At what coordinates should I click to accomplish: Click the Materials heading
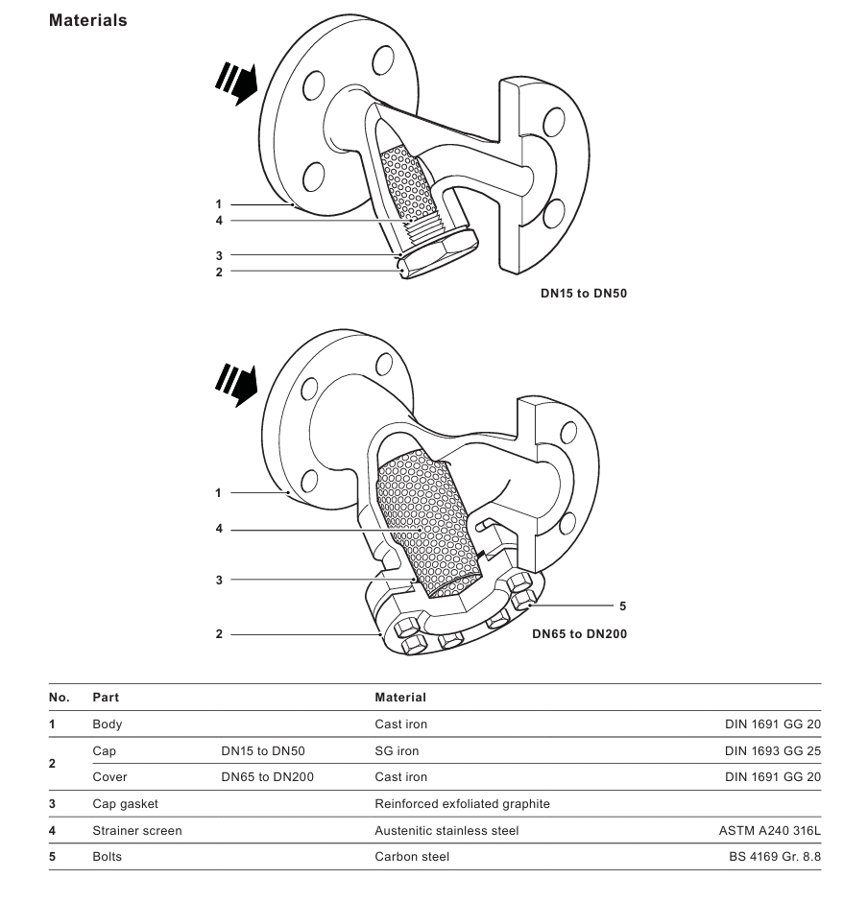point(87,20)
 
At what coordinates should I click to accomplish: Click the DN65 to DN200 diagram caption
point(580,633)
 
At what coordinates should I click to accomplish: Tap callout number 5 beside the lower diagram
point(622,605)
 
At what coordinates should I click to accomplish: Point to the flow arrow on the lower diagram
point(236,383)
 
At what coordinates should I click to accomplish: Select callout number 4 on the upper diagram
point(219,221)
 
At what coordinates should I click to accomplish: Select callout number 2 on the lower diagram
point(219,634)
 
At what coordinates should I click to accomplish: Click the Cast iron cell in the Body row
point(400,724)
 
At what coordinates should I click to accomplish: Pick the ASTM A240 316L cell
point(763,831)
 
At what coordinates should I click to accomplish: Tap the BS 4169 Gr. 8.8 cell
point(775,857)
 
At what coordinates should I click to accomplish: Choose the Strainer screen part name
point(136,831)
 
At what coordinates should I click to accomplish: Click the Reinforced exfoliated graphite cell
point(462,803)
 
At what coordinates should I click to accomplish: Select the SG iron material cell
point(397,751)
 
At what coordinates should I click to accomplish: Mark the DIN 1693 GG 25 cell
point(773,751)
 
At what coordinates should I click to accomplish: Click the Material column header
point(399,698)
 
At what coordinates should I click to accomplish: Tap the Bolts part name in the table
point(107,857)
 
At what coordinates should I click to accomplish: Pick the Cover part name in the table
point(109,777)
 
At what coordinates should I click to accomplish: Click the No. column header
point(58,698)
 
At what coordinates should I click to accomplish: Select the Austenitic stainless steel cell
point(446,831)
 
